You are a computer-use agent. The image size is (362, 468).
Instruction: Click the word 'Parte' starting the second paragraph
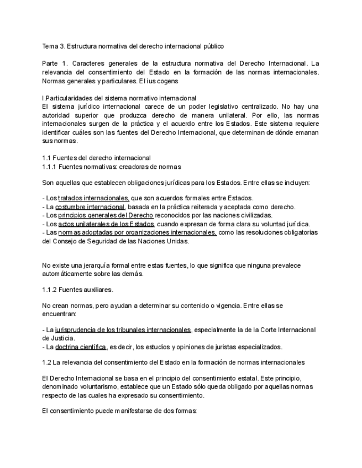(x=51, y=64)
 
